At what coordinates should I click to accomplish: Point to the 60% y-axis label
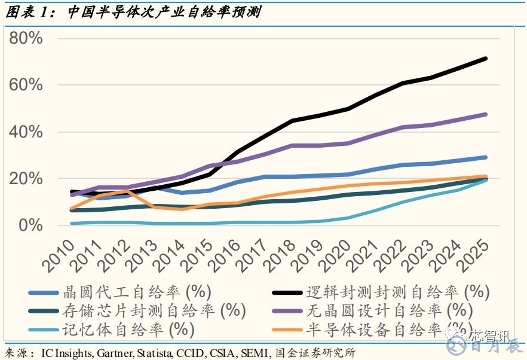coord(26,85)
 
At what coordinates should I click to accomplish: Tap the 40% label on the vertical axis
coord(26,132)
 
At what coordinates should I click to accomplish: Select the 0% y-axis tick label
coord(31,226)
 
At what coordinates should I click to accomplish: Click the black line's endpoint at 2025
coord(485,59)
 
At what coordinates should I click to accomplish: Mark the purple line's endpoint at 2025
coord(485,114)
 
